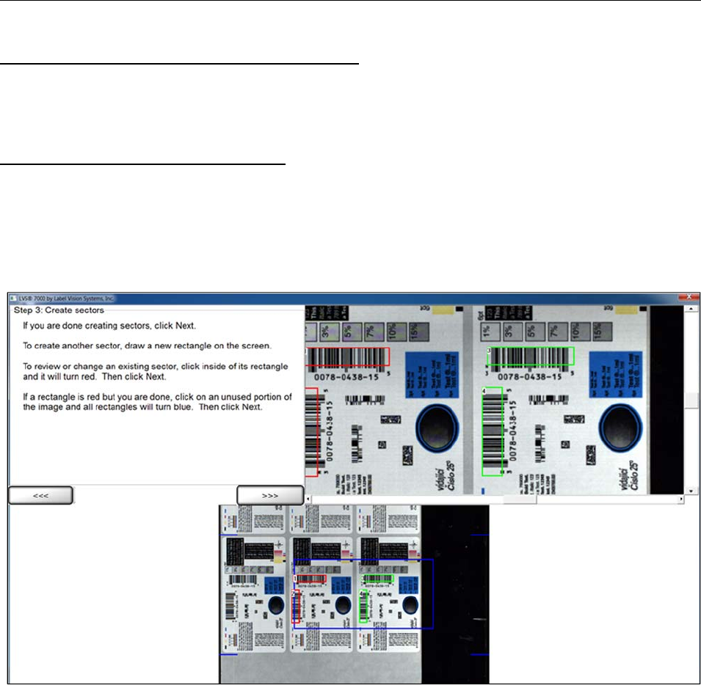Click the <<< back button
(40, 496)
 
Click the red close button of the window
(689, 298)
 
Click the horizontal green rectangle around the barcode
(530, 356)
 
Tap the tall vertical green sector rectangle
(492, 431)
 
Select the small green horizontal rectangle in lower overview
(379, 578)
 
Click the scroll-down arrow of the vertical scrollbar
(690, 489)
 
